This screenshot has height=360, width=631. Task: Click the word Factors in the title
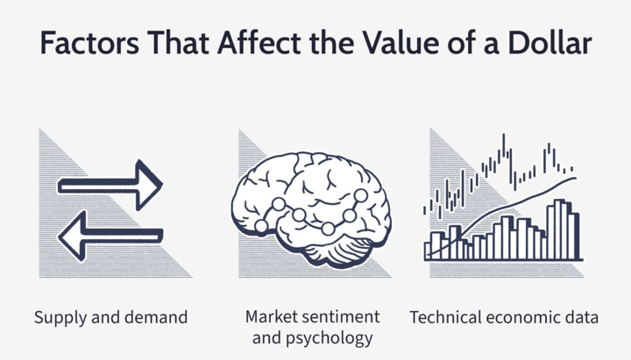coord(89,43)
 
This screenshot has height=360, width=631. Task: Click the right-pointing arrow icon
coord(110,186)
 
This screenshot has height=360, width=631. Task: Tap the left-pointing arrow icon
coord(110,236)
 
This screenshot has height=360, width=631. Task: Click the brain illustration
coord(310,209)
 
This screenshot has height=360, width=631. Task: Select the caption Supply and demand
coord(110,317)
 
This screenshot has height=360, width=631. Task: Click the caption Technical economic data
coord(504,317)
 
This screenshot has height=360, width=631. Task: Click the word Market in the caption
coord(266,316)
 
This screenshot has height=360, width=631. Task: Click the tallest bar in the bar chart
coord(559,229)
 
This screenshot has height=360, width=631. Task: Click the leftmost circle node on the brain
coord(261,226)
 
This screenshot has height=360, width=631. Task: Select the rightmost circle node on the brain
coord(361,196)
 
